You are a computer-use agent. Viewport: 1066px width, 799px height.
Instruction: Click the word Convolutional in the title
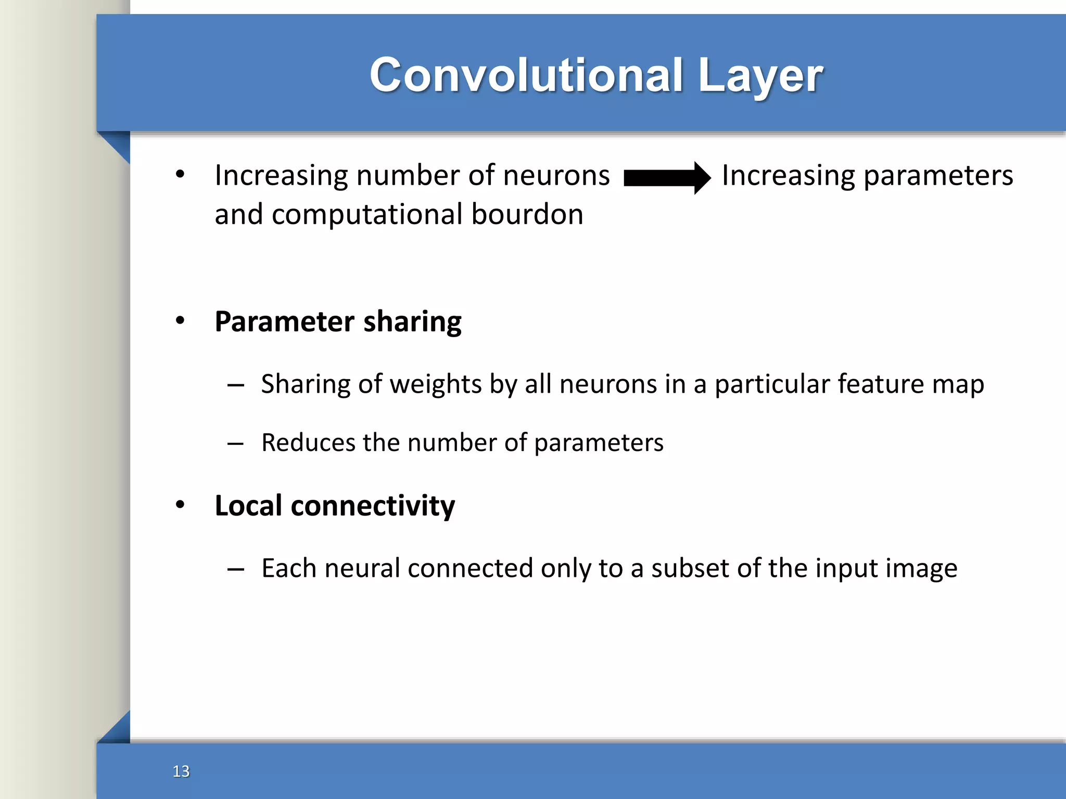tap(526, 75)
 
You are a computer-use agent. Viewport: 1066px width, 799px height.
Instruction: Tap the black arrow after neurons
tap(667, 178)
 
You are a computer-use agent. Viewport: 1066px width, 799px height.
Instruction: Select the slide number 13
tap(181, 771)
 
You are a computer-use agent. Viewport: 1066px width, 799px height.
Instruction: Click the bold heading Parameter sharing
tap(338, 321)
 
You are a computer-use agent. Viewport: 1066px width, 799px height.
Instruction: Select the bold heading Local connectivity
tap(335, 506)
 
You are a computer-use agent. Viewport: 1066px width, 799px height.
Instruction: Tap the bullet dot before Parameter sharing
tap(180, 320)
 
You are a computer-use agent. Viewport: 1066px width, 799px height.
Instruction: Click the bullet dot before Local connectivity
tap(180, 505)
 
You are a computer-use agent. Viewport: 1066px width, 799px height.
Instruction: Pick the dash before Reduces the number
tap(235, 444)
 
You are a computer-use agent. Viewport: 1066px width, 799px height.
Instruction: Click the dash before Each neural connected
tap(235, 570)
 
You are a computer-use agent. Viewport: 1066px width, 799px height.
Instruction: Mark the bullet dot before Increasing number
tap(180, 174)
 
